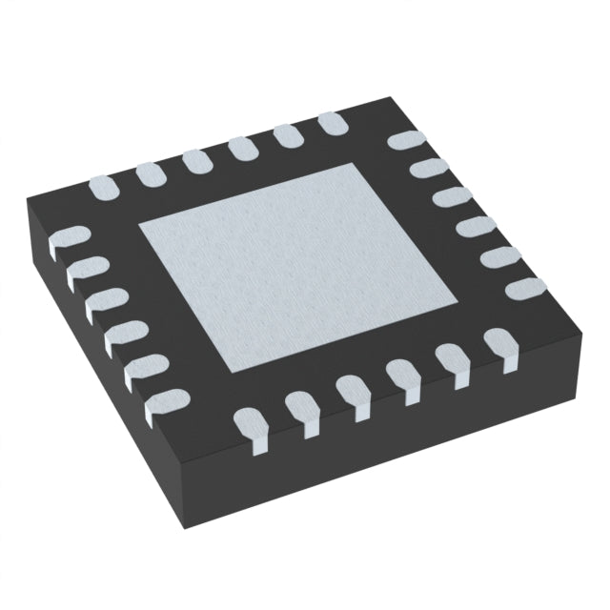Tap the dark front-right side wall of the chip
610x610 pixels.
tap(448, 448)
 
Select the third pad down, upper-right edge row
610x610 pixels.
tap(449, 198)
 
